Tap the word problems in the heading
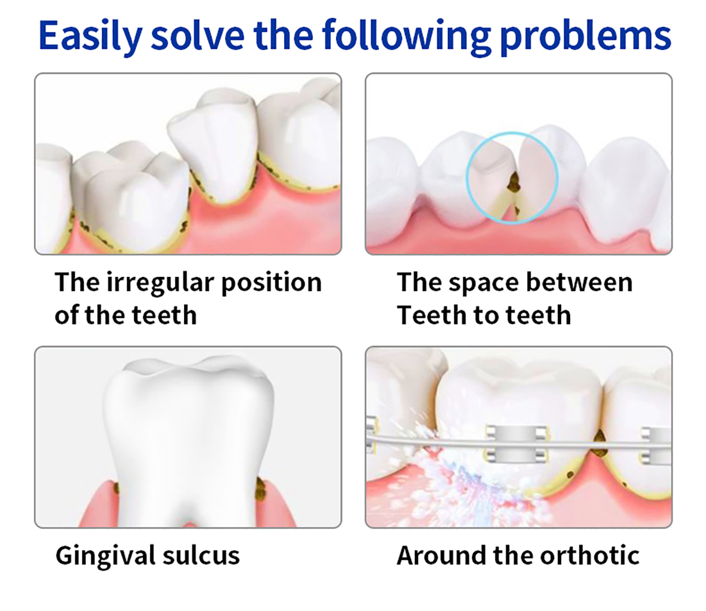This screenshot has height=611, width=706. (x=586, y=37)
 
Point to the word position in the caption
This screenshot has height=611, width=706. (x=272, y=283)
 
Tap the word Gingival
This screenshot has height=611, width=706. (x=105, y=557)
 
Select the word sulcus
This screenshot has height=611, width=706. (x=201, y=556)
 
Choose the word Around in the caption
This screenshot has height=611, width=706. (x=441, y=556)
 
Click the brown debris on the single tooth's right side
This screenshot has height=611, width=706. (x=262, y=489)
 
